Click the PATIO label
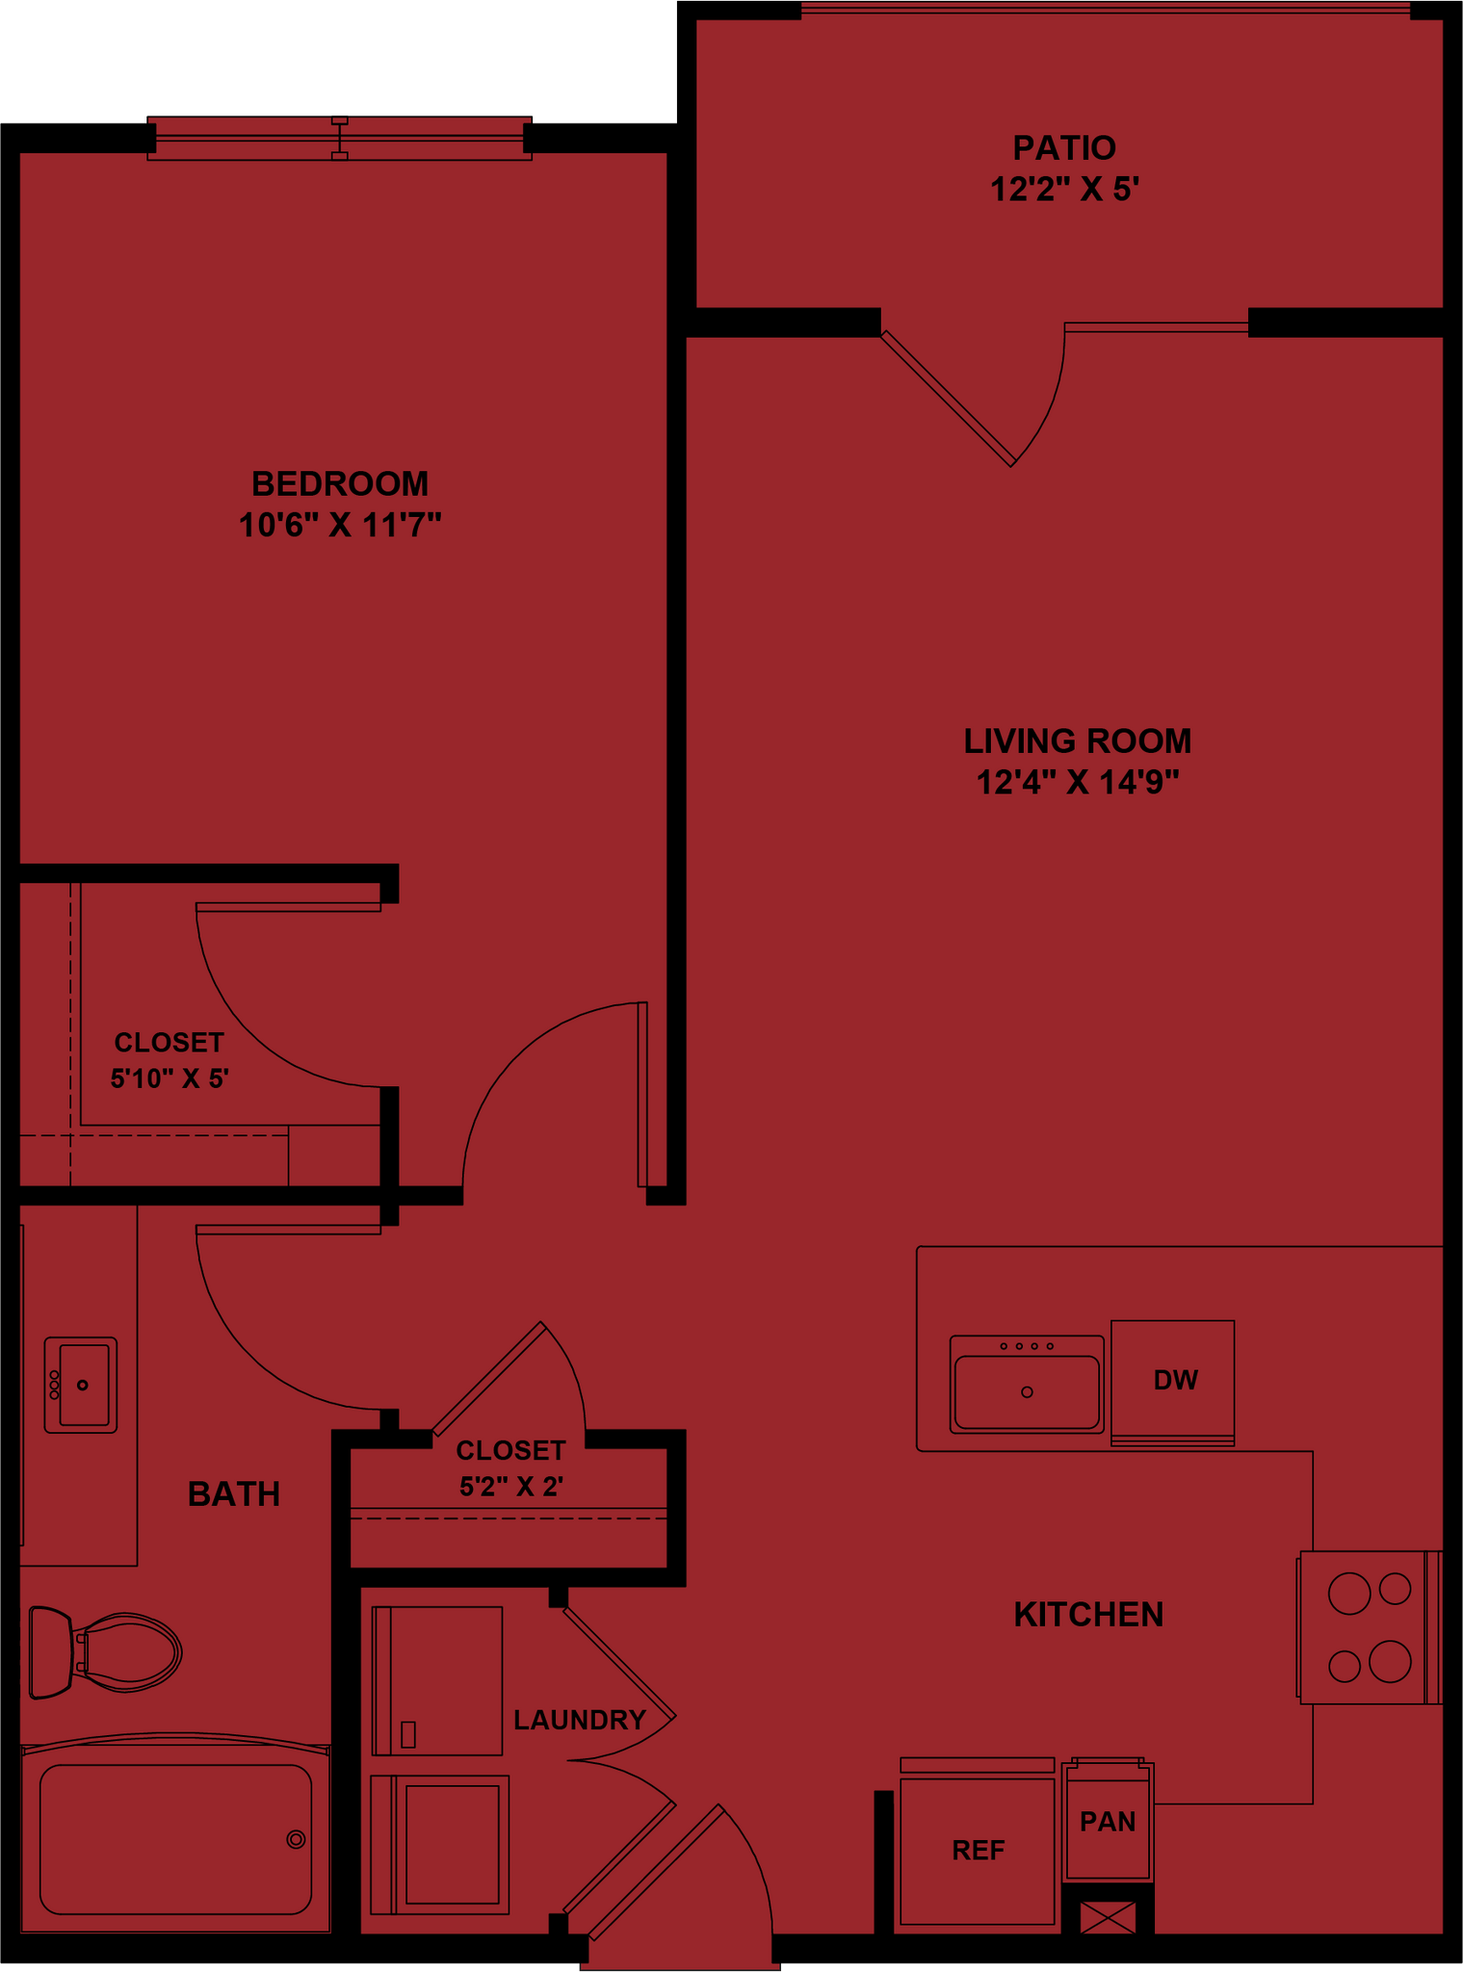tap(1064, 147)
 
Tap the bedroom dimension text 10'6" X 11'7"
tap(340, 526)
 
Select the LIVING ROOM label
tap(1078, 740)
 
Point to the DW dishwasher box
tap(1173, 1380)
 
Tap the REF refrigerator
tap(978, 1850)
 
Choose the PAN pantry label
tap(1108, 1822)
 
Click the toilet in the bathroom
tap(106, 1652)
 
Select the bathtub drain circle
tap(296, 1840)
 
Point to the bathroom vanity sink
tap(81, 1385)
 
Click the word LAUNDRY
tap(579, 1719)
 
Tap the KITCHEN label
tap(1088, 1614)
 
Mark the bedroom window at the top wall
tap(339, 140)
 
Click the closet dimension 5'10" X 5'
tap(170, 1078)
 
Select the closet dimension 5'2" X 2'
tap(510, 1487)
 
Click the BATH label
tap(234, 1493)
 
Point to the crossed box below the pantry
tap(1108, 1917)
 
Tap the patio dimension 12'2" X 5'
tap(1064, 190)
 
